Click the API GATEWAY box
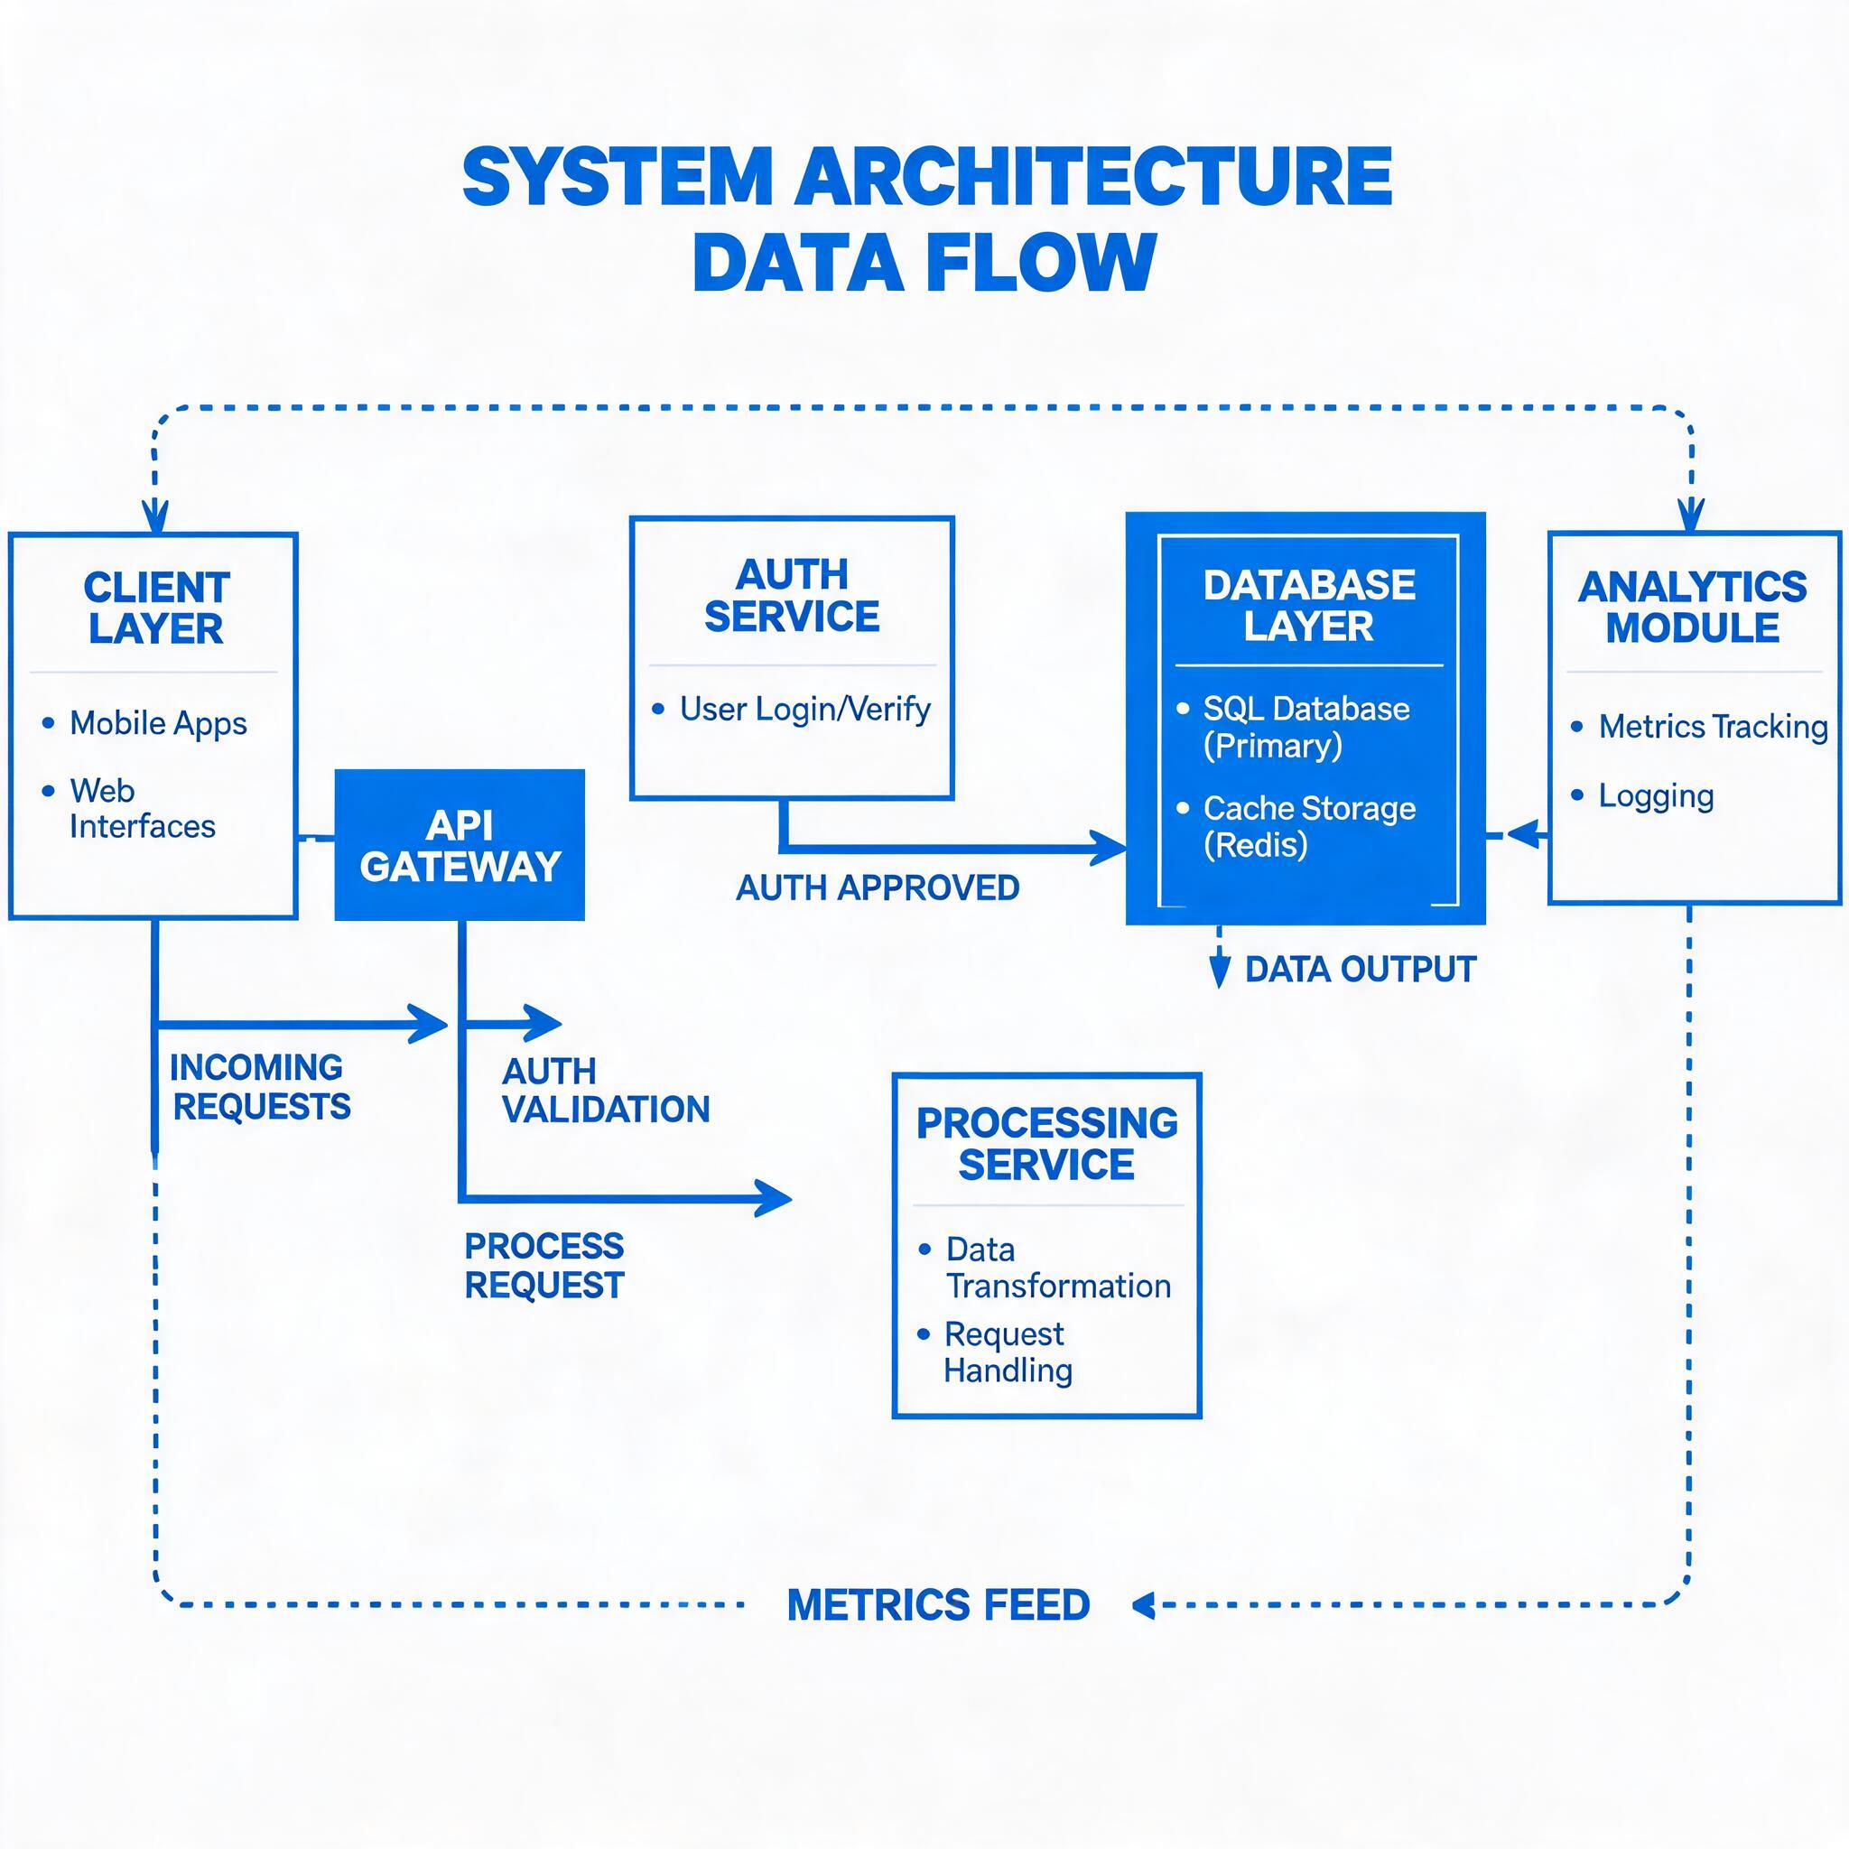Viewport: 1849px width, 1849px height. [x=460, y=845]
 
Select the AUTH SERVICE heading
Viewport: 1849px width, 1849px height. [x=792, y=595]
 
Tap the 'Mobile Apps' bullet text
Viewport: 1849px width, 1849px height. [x=158, y=723]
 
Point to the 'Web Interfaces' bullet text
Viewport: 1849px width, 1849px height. [x=143, y=809]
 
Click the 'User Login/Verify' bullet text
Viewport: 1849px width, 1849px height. [x=804, y=709]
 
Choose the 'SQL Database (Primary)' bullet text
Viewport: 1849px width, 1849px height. [x=1306, y=728]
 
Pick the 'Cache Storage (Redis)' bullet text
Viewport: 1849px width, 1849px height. [x=1309, y=827]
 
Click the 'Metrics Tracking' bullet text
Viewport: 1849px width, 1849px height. [x=1713, y=727]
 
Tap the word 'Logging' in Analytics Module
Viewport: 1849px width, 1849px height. [x=1656, y=796]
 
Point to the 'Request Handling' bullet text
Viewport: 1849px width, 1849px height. [x=1008, y=1352]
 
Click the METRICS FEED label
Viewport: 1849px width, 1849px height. [x=938, y=1605]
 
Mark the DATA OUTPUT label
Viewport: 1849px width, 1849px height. [x=1360, y=970]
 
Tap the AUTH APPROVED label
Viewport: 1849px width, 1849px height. [x=878, y=888]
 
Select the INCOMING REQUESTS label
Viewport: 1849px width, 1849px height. [x=260, y=1087]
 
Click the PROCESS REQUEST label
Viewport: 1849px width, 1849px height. [x=544, y=1265]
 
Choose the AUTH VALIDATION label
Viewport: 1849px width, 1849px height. [x=606, y=1090]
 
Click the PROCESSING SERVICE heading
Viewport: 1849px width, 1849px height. [x=1047, y=1144]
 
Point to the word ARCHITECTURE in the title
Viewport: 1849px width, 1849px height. [x=1093, y=177]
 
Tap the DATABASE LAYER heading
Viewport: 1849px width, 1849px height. [x=1308, y=605]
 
